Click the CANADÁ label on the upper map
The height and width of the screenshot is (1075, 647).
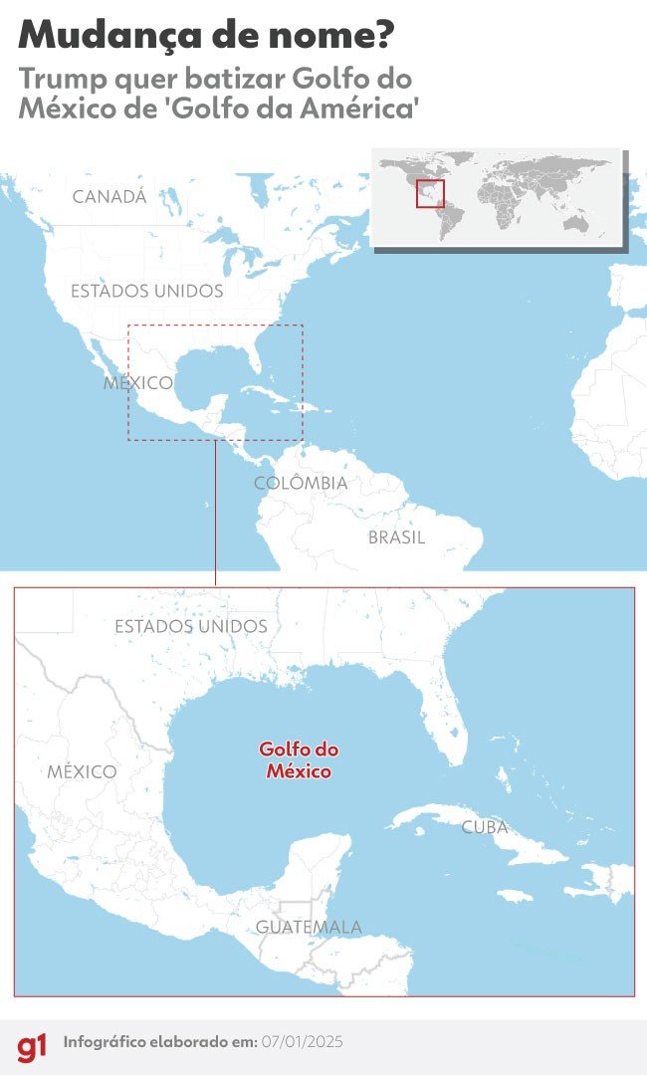[x=109, y=197]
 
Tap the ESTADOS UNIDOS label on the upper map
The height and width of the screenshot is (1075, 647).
[x=147, y=292]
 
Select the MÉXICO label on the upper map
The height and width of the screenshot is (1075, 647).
[x=138, y=383]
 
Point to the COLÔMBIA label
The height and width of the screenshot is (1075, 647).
[x=301, y=484]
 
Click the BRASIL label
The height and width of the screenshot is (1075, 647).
[x=396, y=537]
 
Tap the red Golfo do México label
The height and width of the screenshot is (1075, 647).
[x=299, y=759]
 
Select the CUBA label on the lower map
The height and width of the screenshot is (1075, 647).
[x=485, y=827]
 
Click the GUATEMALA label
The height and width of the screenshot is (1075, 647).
[x=309, y=928]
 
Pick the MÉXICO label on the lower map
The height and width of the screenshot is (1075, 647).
[x=82, y=771]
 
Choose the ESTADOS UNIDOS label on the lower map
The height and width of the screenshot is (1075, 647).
[x=191, y=627]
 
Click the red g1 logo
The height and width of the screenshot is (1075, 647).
[x=31, y=1046]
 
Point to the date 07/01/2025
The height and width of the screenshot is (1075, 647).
[x=301, y=1042]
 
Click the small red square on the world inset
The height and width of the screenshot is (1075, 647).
[x=430, y=194]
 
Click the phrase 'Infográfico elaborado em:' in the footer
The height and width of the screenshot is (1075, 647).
[x=159, y=1042]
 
